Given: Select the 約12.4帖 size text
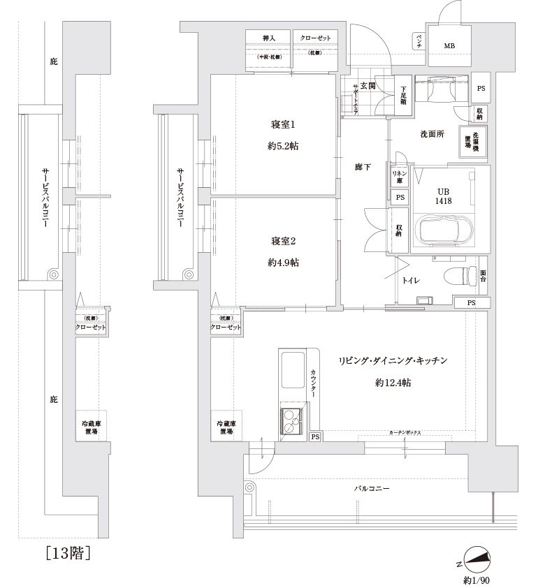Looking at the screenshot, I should (x=392, y=383).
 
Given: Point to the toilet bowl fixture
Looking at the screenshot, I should (x=456, y=275).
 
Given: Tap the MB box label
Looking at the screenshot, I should (x=449, y=47).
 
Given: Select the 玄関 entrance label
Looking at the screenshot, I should (x=369, y=86).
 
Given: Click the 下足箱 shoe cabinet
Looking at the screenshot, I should (x=404, y=95).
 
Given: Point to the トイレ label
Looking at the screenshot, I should (x=409, y=281).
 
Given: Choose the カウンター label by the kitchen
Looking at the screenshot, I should (x=314, y=383).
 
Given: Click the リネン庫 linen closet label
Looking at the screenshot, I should (x=399, y=177).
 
